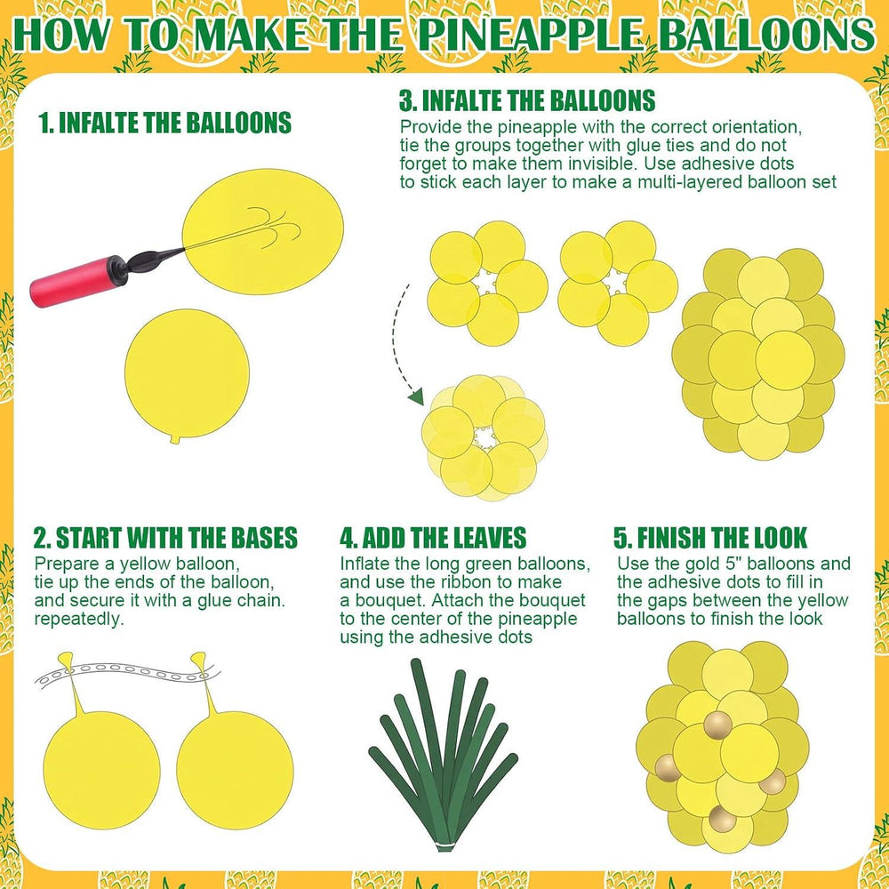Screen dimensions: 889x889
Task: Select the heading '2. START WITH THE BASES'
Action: pyautogui.click(x=165, y=538)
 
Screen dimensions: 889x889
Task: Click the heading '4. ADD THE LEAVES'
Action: pyautogui.click(x=433, y=538)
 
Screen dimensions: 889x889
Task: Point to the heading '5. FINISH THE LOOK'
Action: pyautogui.click(x=710, y=538)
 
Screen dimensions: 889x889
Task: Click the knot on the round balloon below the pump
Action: pyautogui.click(x=175, y=439)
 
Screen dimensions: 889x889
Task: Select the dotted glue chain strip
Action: pyautogui.click(x=127, y=673)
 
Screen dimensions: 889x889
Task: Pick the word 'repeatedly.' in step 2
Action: pyautogui.click(x=79, y=619)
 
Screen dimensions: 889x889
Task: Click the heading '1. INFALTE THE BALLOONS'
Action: pyautogui.click(x=165, y=123)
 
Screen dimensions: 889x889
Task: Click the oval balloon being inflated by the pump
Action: pyautogui.click(x=262, y=232)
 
